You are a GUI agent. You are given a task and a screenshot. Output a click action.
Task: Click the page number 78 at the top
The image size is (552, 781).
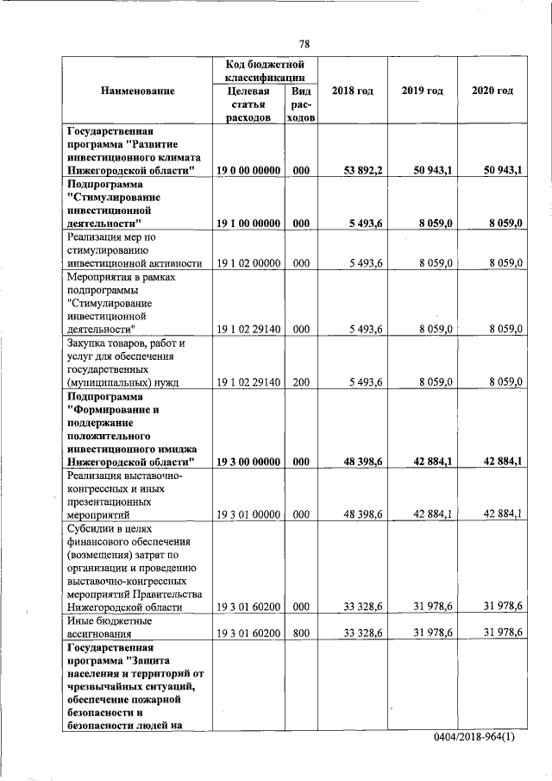coord(304,44)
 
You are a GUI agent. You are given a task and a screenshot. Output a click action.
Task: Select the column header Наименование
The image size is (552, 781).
coord(137,91)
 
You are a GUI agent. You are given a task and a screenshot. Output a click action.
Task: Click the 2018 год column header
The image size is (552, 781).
coord(352,91)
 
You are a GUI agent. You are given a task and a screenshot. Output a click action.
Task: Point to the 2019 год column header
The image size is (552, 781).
coord(422,91)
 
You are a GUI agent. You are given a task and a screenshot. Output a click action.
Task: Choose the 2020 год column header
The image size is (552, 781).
coord(492,91)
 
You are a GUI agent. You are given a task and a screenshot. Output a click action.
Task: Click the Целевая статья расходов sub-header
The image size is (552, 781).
coord(249,104)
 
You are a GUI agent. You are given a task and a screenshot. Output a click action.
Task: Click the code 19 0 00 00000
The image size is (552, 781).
coord(248,171)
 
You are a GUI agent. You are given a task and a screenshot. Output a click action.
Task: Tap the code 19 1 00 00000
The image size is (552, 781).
coord(248,224)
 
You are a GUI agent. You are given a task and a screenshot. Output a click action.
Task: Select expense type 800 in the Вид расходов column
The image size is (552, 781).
coord(301,633)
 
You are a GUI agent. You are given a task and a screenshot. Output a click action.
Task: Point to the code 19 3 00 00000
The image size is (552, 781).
coord(248,462)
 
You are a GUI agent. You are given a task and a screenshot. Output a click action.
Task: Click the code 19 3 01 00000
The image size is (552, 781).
coord(248,514)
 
